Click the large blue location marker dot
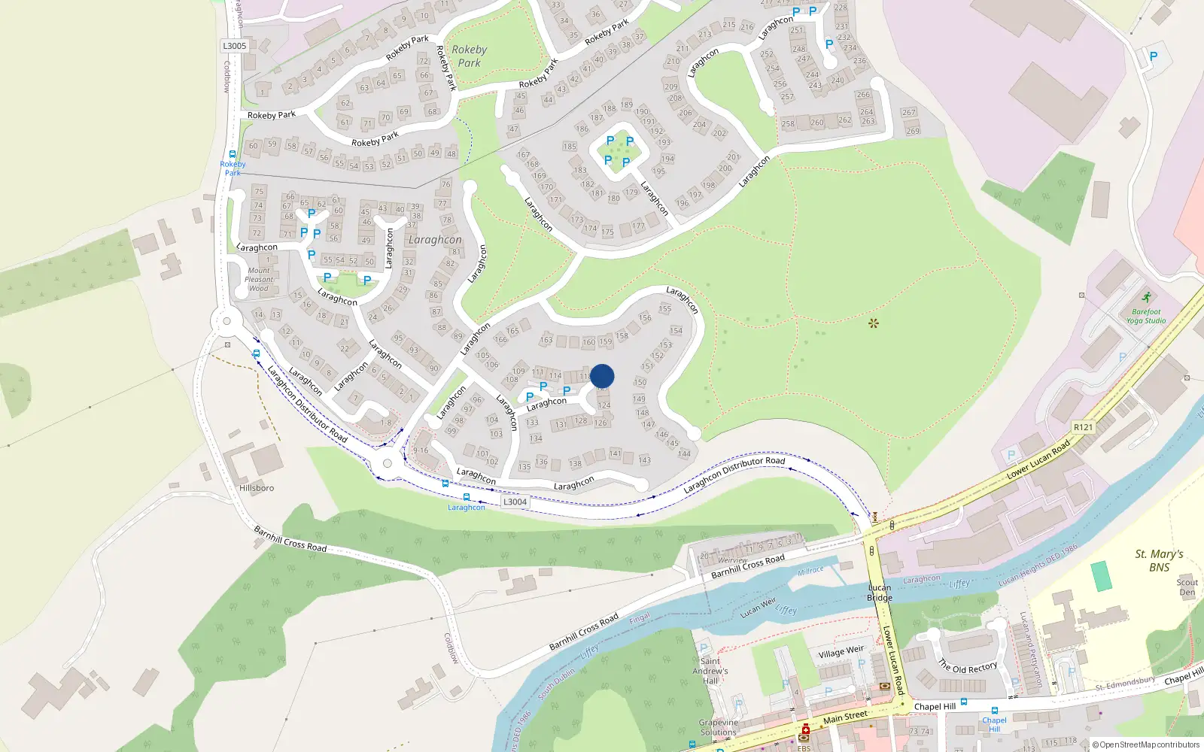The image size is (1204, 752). point(602,376)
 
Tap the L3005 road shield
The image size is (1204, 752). point(235,46)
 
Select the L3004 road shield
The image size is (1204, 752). point(515,502)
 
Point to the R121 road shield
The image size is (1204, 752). point(1083,427)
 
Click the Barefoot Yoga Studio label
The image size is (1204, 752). point(1145,316)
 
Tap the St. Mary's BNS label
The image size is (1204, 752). point(1159,560)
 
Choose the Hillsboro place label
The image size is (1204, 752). point(257,488)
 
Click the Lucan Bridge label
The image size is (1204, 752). point(880,593)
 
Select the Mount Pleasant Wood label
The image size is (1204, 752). point(259,279)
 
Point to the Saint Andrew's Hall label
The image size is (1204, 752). point(710,671)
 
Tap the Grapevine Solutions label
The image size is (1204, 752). point(719,727)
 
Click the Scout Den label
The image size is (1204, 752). point(1187,587)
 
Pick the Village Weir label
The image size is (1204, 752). point(841,651)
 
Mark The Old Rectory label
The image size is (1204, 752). point(968,667)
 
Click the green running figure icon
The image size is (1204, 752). point(1146,297)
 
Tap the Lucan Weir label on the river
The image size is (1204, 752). point(758,608)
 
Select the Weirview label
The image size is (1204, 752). point(732,560)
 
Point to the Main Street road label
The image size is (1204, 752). point(845,717)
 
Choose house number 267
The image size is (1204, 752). point(908,112)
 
